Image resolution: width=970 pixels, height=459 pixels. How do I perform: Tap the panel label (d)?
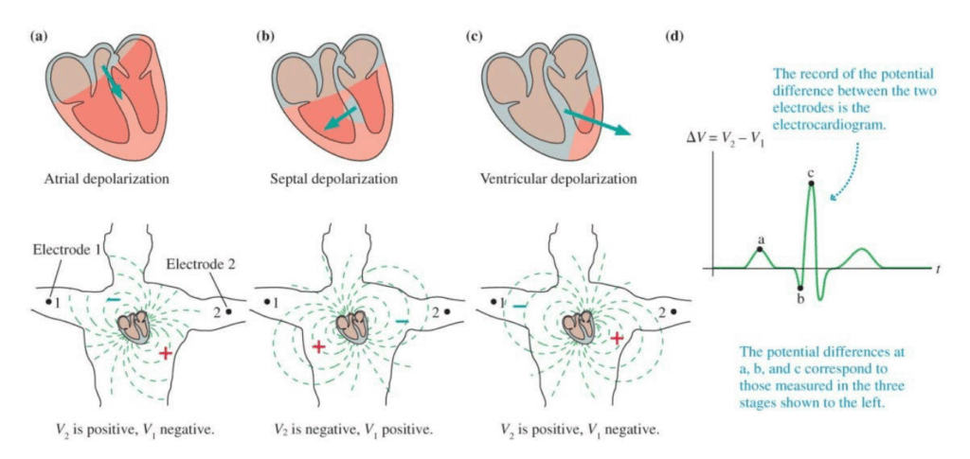(x=674, y=36)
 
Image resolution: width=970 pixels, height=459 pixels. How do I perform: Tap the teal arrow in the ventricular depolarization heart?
(x=594, y=122)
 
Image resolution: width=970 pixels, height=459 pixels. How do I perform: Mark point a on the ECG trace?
(x=760, y=249)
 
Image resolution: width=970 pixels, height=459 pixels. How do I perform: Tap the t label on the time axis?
(x=937, y=270)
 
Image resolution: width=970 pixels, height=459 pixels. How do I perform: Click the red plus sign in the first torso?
(x=166, y=353)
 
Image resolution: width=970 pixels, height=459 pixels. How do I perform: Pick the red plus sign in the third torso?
(x=617, y=337)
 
